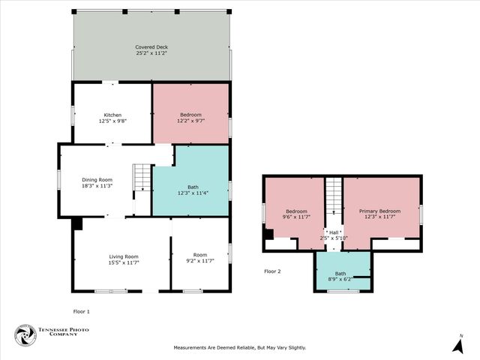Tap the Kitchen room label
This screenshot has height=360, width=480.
point(112,115)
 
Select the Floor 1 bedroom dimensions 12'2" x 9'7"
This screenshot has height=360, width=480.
point(190,121)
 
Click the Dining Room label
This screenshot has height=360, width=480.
point(97,179)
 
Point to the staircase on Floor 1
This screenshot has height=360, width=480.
point(142,178)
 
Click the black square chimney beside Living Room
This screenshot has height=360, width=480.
point(77,223)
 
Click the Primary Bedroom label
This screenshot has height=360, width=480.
point(379,211)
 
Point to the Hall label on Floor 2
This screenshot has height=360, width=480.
point(333,232)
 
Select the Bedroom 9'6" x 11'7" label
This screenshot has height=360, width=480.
point(296,214)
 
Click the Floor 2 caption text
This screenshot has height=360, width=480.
point(272,271)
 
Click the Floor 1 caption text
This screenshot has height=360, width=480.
point(81,310)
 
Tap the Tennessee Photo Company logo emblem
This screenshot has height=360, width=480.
point(25,335)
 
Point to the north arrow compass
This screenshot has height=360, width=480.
point(457,344)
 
